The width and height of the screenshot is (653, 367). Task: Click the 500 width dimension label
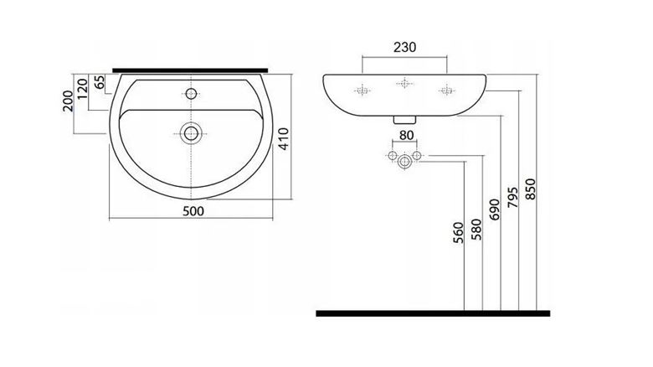pos(193,211)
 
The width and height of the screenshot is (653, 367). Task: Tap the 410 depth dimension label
pos(283,139)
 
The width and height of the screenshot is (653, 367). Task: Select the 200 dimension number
pos(68,101)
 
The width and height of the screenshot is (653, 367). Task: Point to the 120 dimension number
pos(82,89)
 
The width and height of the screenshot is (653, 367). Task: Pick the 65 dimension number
pos(99,82)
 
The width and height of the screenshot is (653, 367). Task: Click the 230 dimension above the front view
pos(405,47)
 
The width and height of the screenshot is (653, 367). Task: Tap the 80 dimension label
pos(407,135)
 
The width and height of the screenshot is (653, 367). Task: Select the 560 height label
pos(458,233)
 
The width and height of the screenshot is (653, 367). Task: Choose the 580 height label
pos(476,230)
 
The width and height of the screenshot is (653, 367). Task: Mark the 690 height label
pos(494,209)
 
